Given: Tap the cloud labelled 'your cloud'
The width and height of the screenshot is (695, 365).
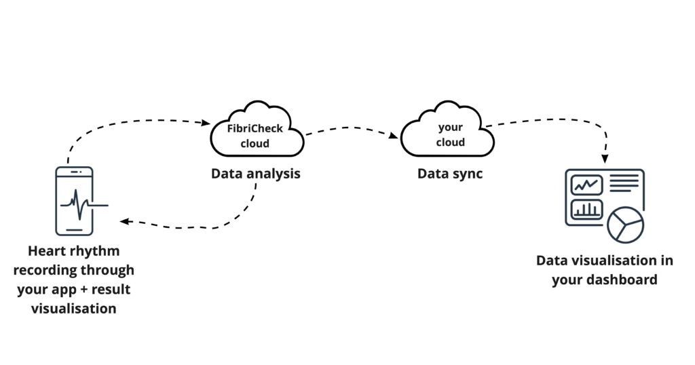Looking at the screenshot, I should point(449,134).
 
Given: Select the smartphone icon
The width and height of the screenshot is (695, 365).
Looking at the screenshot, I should point(74,201).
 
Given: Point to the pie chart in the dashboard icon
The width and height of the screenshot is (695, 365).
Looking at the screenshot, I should point(625,225).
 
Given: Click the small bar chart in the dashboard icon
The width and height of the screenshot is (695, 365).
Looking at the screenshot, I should point(586,209).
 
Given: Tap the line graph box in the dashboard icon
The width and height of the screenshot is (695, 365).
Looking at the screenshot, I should point(586,185).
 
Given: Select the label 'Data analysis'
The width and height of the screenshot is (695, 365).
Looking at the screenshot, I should point(255,174).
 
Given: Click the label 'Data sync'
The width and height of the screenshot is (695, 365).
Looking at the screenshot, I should point(449,174).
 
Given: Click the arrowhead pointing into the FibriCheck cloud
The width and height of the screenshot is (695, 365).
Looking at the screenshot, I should point(206,123).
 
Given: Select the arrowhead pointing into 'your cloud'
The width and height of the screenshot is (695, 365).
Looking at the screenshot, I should point(394,136).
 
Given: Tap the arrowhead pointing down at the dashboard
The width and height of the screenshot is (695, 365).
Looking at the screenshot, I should point(605,158).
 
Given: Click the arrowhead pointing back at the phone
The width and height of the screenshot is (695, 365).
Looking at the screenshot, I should point(123,221).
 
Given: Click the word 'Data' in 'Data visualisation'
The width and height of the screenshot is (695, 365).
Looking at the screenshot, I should point(552,261).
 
